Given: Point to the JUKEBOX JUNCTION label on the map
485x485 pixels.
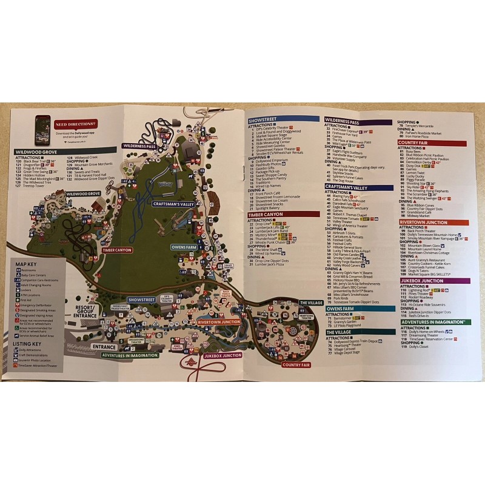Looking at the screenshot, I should [x=222, y=356].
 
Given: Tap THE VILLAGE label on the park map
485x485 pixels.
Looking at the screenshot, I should [x=311, y=302].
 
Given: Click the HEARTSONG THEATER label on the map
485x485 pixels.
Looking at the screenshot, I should [x=306, y=316].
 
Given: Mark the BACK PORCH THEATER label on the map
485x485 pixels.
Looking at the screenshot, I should [x=227, y=292].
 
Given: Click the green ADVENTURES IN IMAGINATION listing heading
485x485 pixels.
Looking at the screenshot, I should [x=433, y=322].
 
